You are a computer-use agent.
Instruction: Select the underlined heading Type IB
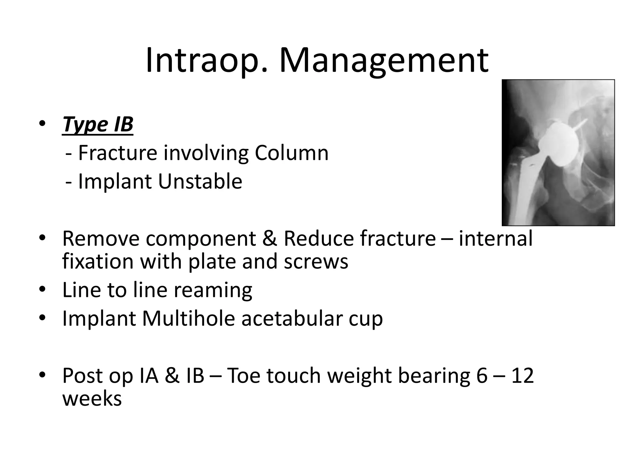point(98,125)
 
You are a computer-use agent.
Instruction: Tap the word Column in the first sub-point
point(291,153)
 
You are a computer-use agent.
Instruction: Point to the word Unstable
point(200,182)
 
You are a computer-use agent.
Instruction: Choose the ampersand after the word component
point(269,239)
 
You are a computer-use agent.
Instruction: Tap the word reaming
point(213,291)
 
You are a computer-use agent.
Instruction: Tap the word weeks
point(92,399)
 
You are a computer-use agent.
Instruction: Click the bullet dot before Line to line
point(42,290)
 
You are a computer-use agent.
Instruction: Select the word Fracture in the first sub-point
point(117,153)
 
